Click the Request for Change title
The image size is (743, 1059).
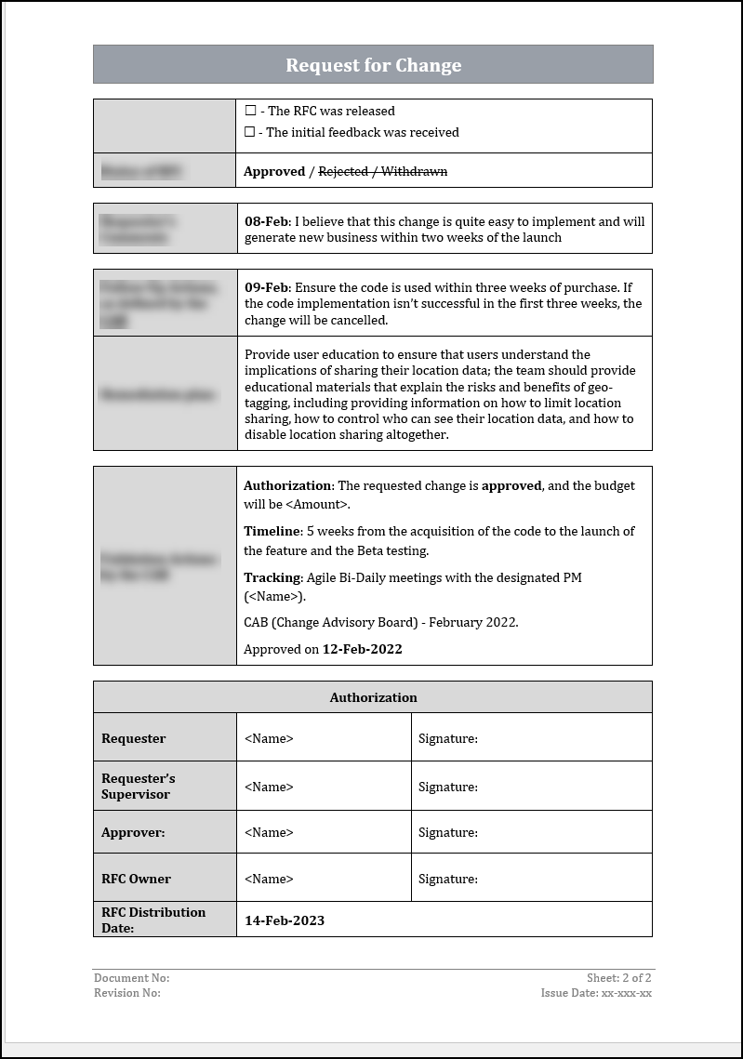click(373, 65)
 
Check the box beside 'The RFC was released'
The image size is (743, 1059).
click(250, 111)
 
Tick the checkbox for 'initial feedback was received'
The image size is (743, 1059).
click(250, 132)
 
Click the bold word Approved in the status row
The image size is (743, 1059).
click(274, 171)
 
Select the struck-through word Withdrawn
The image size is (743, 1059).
click(414, 171)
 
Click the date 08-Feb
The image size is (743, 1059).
click(267, 221)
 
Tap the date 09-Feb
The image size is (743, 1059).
click(267, 287)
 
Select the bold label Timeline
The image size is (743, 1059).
click(272, 531)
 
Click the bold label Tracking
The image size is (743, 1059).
click(272, 577)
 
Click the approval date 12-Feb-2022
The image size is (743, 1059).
click(362, 649)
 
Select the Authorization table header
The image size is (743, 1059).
click(373, 697)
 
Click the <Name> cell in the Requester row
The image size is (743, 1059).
click(269, 738)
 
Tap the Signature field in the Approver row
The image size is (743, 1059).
click(448, 832)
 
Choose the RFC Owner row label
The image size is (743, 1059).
click(136, 879)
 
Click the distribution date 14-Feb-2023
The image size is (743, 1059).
click(285, 920)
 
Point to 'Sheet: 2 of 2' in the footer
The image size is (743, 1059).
click(618, 978)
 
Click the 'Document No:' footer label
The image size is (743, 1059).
click(131, 978)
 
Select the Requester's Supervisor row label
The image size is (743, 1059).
click(138, 786)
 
